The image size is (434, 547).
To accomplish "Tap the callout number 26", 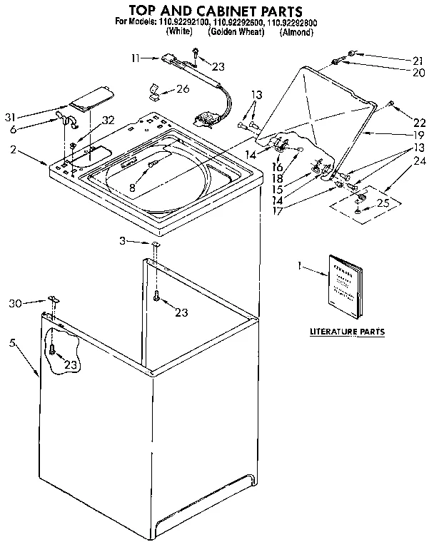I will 183,90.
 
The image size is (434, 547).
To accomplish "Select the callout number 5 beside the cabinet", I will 12,342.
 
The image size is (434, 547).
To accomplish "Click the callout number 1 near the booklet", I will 300,266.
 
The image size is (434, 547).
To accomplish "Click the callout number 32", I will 108,119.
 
